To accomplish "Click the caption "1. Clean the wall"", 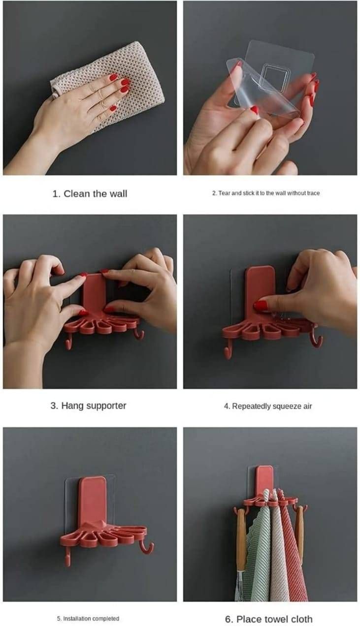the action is point(90,194).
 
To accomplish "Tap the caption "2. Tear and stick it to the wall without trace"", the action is point(266,193).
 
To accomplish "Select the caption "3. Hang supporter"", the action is point(88,406).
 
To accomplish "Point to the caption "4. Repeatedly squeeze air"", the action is point(268,406).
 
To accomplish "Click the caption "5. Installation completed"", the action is point(88,619).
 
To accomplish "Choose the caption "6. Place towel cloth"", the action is point(269,619).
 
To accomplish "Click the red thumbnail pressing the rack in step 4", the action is point(261,306).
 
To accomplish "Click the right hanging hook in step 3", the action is point(139,334).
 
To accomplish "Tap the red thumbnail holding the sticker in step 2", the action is point(255,110).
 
